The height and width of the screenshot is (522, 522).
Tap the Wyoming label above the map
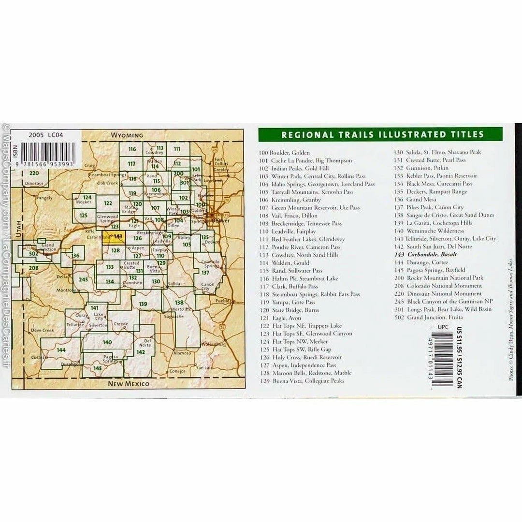tap(127, 135)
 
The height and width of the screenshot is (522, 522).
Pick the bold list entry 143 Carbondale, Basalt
tap(425, 254)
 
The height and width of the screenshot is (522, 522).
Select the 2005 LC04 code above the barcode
tap(46, 136)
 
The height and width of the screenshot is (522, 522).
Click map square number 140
tap(107, 342)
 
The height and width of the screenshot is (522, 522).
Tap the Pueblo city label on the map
tap(221, 301)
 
